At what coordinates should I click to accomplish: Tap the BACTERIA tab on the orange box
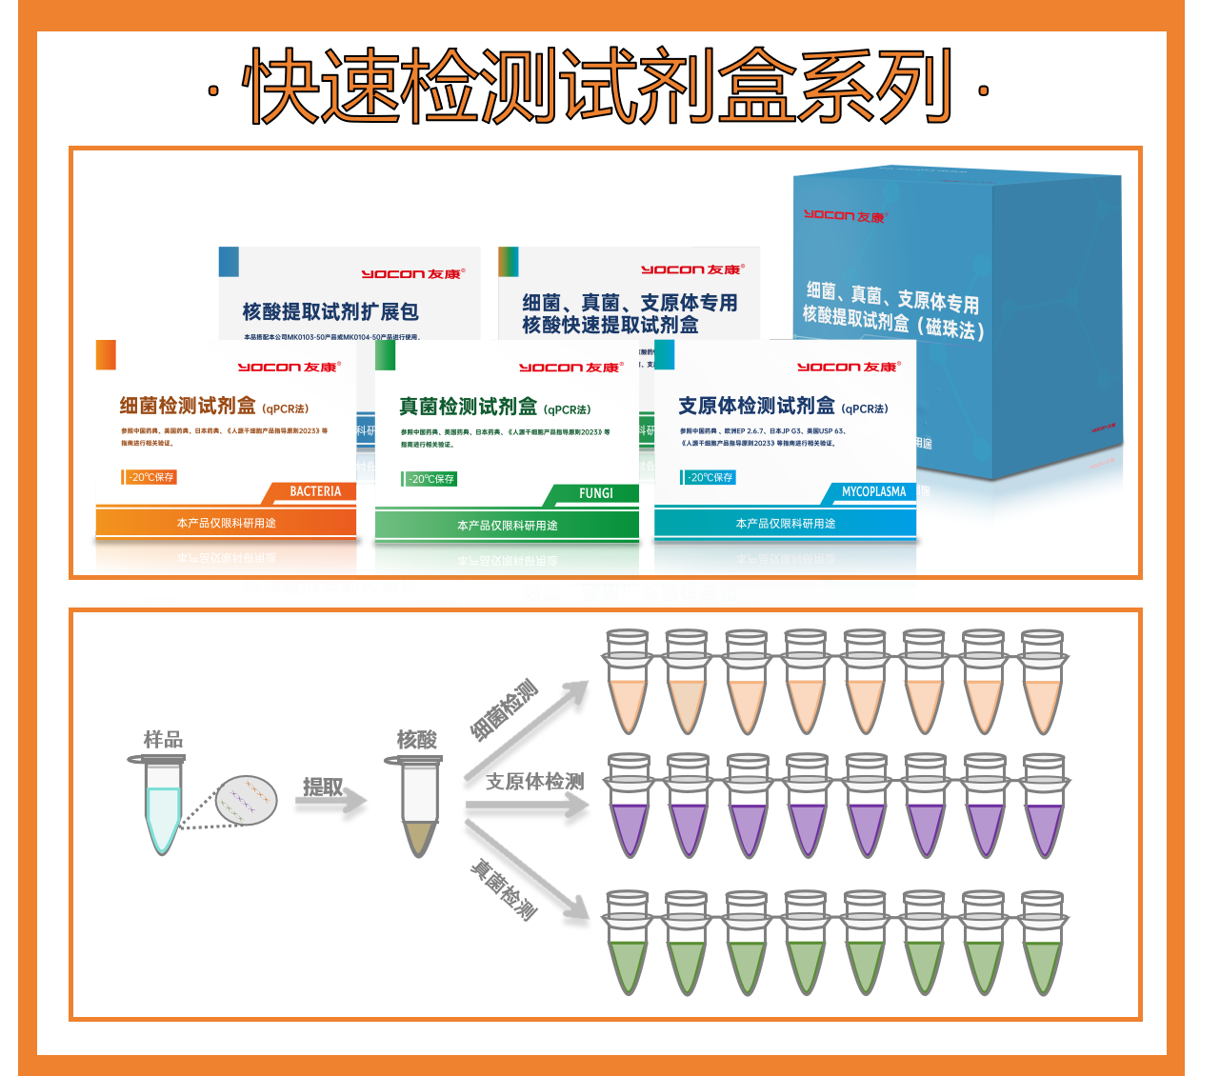pos(314,491)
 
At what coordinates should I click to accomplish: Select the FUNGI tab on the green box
pos(595,493)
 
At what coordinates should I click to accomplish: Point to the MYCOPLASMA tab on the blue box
pos(873,491)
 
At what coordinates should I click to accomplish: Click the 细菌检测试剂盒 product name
pos(188,407)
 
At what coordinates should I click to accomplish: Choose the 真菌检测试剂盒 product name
pos(468,408)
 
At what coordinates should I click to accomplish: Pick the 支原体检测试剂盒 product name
pos(756,407)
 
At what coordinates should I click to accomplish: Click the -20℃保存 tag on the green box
pos(431,479)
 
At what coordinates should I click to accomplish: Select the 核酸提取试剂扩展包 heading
pos(330,311)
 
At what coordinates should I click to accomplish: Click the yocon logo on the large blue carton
pos(844,216)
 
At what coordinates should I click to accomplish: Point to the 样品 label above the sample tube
pos(163,739)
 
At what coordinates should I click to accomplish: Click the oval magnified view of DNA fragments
pos(247,800)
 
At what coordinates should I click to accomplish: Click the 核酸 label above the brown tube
pos(417,739)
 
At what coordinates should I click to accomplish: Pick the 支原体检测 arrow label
pos(534,782)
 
